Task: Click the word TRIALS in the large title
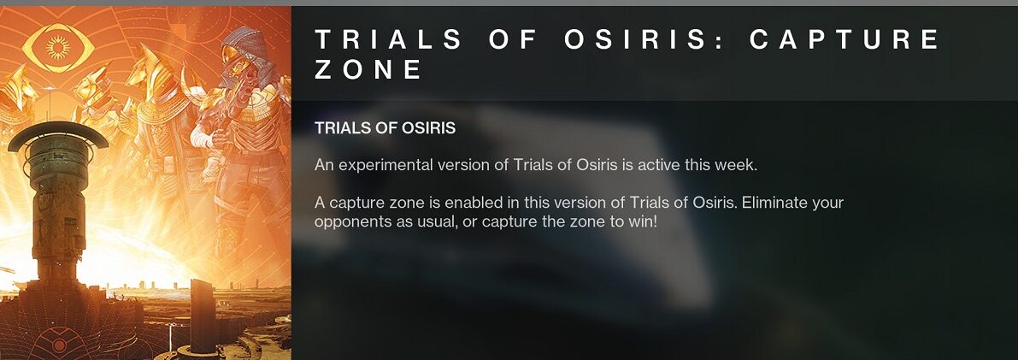coord(388,39)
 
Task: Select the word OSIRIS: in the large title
coord(635,39)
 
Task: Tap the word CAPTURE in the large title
coord(844,39)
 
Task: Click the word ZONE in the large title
coord(368,69)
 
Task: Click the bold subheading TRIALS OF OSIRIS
coord(385,128)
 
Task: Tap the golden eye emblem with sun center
coord(58,47)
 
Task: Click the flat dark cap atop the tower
coord(58,134)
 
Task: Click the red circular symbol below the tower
coord(59,345)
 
